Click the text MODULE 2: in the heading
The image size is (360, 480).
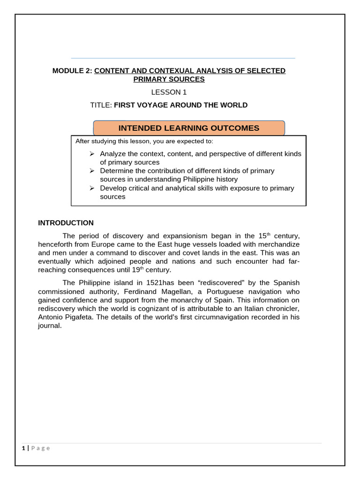pyautogui.click(x=72, y=71)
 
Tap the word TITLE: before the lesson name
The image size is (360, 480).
pyautogui.click(x=101, y=105)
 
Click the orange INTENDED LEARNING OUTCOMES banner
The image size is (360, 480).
pyautogui.click(x=188, y=128)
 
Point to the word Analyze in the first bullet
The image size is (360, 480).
pyautogui.click(x=113, y=154)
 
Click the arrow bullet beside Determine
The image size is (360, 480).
pyautogui.click(x=92, y=171)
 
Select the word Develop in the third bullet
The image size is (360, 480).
pyautogui.click(x=113, y=188)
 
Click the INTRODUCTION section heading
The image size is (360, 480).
pyautogui.click(x=66, y=223)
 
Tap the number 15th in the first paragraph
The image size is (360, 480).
pyautogui.click(x=264, y=235)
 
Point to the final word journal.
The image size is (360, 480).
pyautogui.click(x=50, y=326)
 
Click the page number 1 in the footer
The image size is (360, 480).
pyautogui.click(x=23, y=448)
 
